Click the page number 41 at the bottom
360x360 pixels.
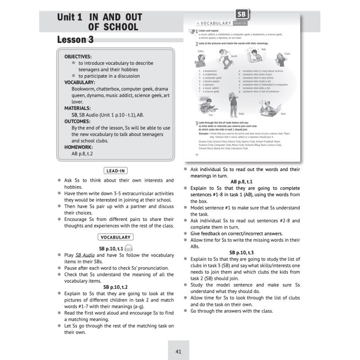[x=178, y=351]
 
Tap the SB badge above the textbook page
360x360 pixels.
[x=243, y=14]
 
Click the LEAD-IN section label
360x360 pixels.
[x=115, y=171]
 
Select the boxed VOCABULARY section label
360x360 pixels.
[x=115, y=237]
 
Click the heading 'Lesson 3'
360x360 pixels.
[x=75, y=40]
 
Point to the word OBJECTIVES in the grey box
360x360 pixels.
[x=78, y=57]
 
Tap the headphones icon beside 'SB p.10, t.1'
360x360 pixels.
[x=129, y=249]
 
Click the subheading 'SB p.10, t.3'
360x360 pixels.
[x=242, y=252]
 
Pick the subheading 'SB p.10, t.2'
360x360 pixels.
[x=116, y=287]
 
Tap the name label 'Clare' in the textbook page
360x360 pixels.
[x=287, y=54]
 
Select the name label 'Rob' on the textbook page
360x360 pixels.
[x=264, y=49]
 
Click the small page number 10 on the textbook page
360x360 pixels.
[x=197, y=155]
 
